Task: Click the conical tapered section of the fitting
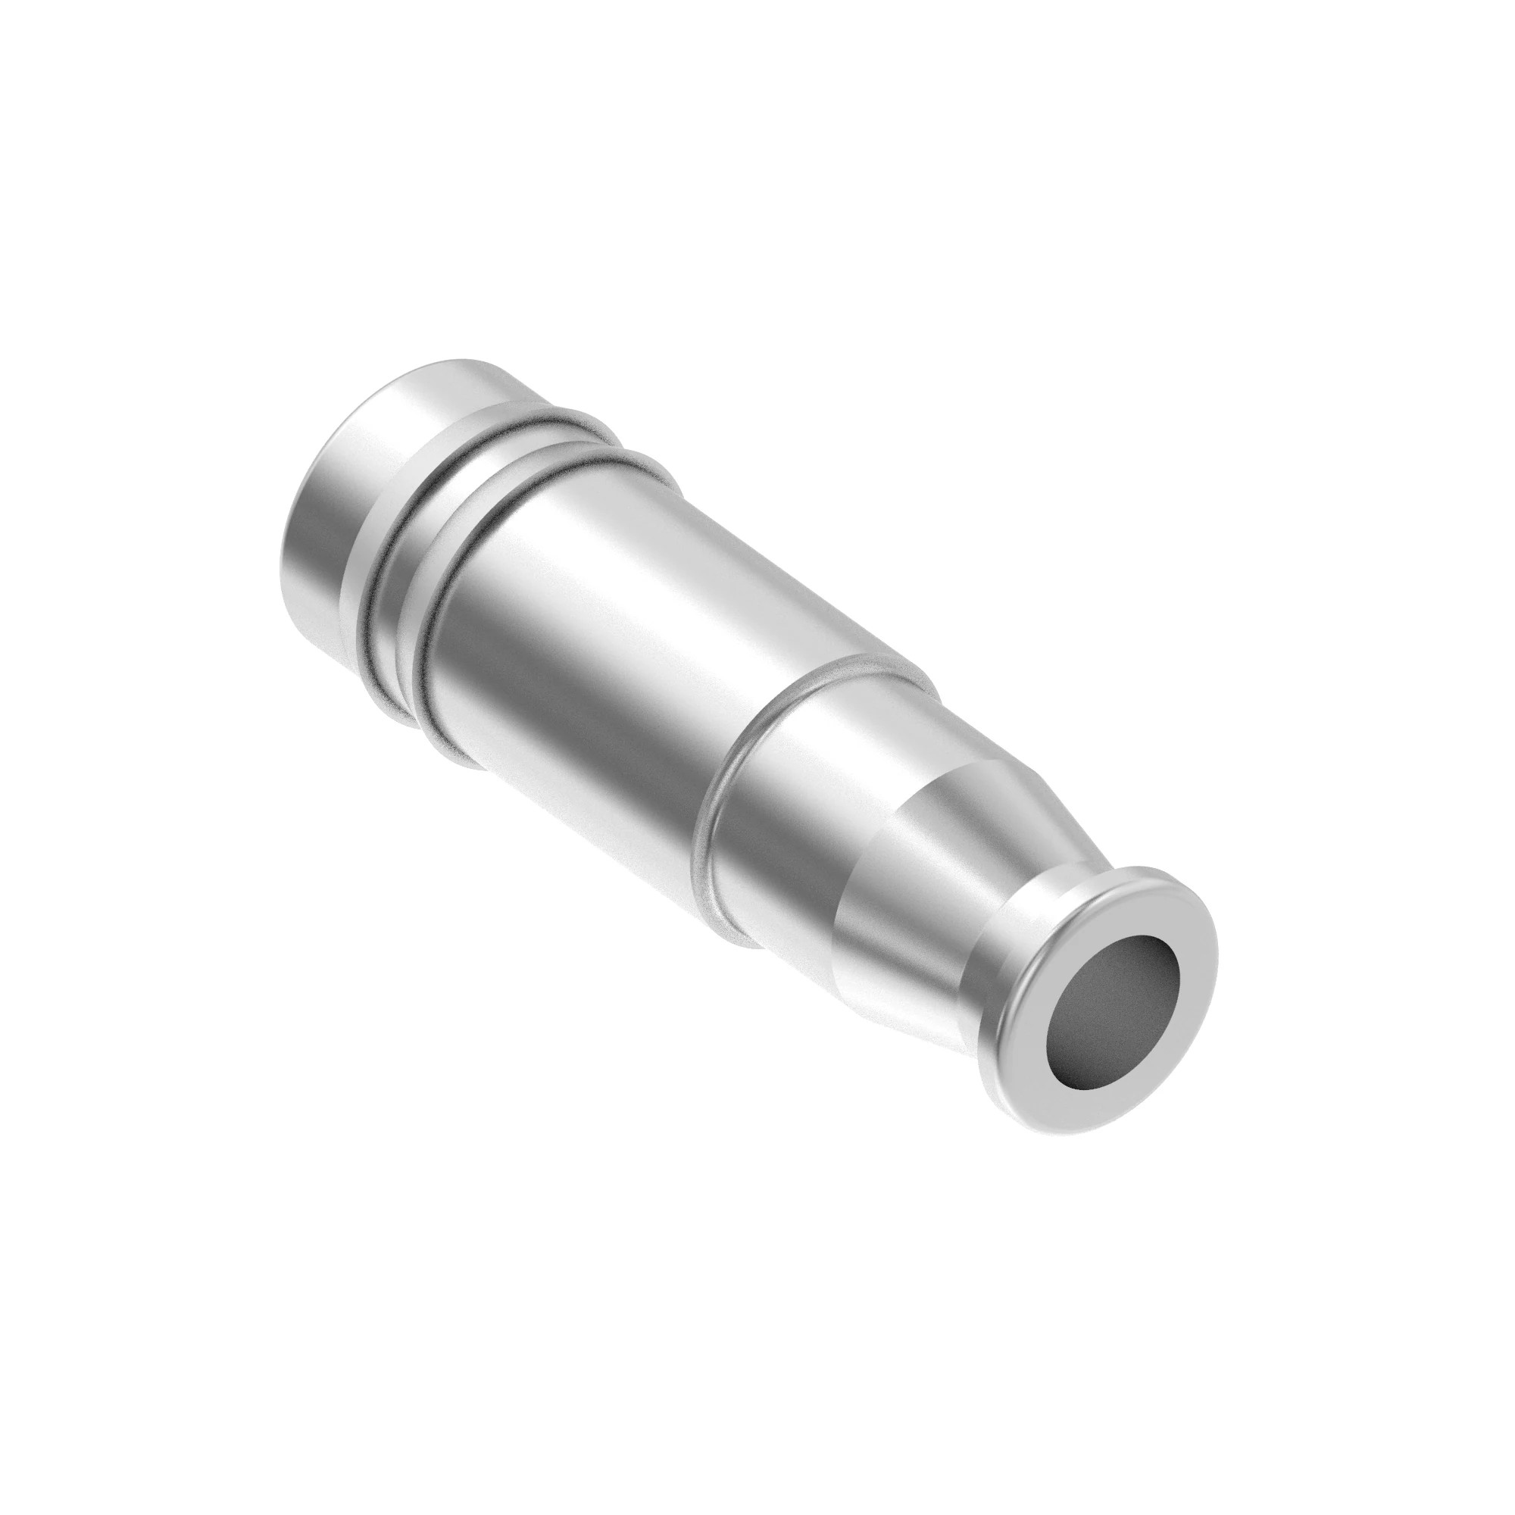click(x=926, y=886)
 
